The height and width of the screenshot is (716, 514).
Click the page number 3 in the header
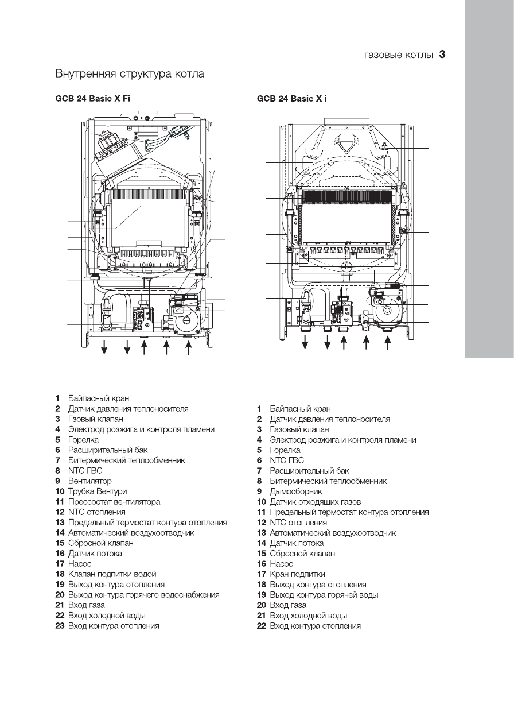click(442, 55)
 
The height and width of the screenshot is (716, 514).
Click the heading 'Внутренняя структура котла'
click(130, 74)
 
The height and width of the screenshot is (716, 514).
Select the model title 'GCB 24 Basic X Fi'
click(92, 99)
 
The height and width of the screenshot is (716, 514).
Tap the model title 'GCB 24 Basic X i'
click(293, 99)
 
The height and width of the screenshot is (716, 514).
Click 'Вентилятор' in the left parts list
click(90, 481)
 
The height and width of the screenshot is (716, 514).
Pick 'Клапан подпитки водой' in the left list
click(112, 574)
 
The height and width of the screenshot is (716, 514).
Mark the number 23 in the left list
click(59, 626)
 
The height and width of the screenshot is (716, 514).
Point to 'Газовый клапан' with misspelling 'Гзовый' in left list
click(96, 419)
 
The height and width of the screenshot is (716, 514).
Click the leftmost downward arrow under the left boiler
click(105, 347)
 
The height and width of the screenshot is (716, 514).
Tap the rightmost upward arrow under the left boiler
click(188, 347)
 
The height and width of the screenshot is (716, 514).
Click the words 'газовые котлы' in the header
click(399, 56)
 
